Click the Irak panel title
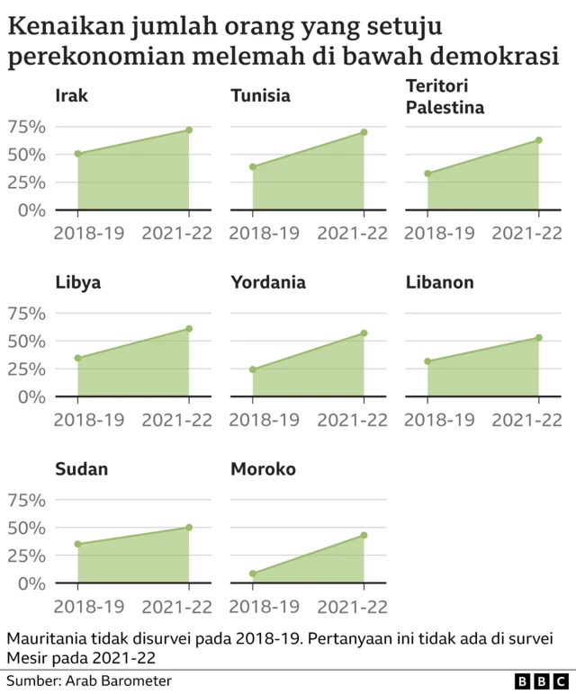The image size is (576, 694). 72,95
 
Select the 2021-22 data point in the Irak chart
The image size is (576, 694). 189,130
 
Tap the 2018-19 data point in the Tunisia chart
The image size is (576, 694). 253,166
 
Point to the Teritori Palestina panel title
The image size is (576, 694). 445,97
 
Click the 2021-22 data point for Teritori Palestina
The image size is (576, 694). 539,140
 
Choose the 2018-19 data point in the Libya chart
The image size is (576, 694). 78,358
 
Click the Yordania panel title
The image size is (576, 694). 268,282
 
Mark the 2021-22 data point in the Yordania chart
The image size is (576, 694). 364,334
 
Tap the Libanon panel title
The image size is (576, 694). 440,282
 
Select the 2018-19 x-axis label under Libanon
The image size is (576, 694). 439,420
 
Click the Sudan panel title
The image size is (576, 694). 82,469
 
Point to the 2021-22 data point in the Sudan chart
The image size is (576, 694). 189,527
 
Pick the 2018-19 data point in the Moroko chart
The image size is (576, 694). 253,574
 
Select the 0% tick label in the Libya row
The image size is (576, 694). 31,396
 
